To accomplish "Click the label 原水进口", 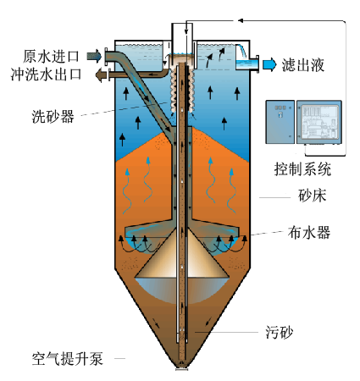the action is pyautogui.click(x=51, y=56).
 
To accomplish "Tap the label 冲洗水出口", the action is pyautogui.click(x=47, y=75).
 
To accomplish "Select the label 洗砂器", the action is pyautogui.click(x=53, y=116).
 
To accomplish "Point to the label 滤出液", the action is pyautogui.click(x=302, y=65).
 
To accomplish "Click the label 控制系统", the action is pyautogui.click(x=302, y=169).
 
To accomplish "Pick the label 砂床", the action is pyautogui.click(x=312, y=196).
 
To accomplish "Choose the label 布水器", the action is pyautogui.click(x=309, y=233).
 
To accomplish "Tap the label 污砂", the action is pyautogui.click(x=279, y=332).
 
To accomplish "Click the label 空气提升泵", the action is pyautogui.click(x=67, y=359).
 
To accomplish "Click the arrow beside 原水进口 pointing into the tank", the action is pyautogui.click(x=94, y=56).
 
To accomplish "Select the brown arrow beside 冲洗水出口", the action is pyautogui.click(x=101, y=75).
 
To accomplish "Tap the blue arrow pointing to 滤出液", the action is pyautogui.click(x=269, y=64).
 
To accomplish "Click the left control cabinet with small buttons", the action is pyautogui.click(x=280, y=122).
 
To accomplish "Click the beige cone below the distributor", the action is pyautogui.click(x=182, y=254).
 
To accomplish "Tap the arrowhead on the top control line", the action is pyautogui.click(x=241, y=20).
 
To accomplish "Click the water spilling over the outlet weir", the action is pyautogui.click(x=241, y=52).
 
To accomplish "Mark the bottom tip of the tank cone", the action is pyautogui.click(x=182, y=368).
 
